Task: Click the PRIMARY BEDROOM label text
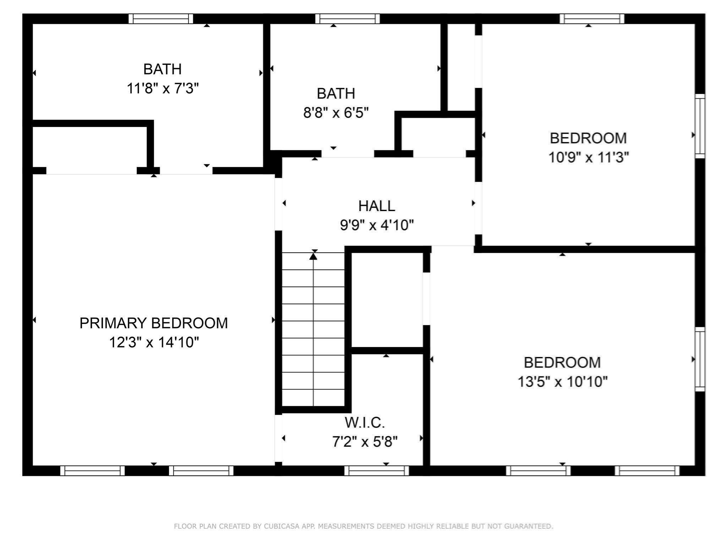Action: coord(153,323)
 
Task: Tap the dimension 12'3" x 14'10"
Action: coord(153,342)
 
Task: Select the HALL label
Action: coord(376,206)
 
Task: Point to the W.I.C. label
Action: coord(365,423)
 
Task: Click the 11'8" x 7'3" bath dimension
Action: coord(163,88)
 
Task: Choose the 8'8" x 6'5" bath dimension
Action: coord(336,113)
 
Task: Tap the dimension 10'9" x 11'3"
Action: coord(588,157)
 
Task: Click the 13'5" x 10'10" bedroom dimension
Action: coord(562,382)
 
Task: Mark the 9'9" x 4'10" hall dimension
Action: coord(377,225)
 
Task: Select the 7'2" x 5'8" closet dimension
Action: coord(365,442)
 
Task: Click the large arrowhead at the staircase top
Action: coord(313,256)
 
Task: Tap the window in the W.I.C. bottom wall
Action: coord(376,470)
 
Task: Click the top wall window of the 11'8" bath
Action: coord(161,19)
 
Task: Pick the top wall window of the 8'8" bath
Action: coord(347,19)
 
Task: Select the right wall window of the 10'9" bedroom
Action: coord(700,126)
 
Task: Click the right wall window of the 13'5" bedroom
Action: coord(700,359)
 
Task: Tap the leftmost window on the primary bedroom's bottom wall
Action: coord(92,470)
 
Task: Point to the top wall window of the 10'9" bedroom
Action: coord(592,19)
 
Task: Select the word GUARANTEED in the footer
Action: coord(528,526)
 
